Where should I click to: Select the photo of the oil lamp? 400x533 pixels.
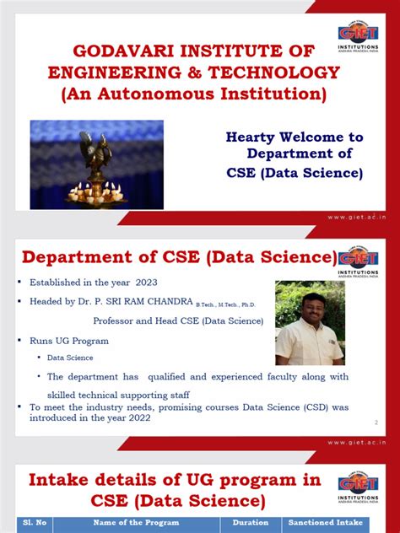[97, 153]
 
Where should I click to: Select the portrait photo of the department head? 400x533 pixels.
[310, 322]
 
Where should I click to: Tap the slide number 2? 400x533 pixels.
[374, 422]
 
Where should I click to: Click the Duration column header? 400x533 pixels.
[249, 523]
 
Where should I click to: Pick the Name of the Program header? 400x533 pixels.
[135, 523]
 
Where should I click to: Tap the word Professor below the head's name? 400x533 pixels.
[116, 320]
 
